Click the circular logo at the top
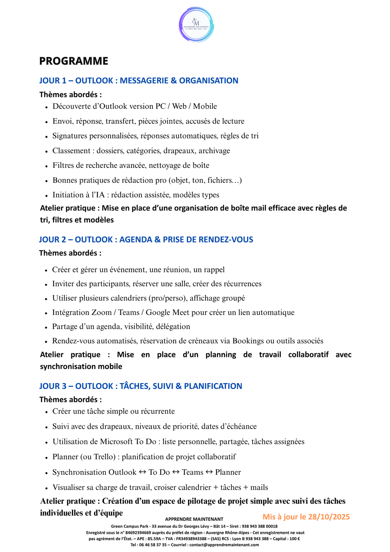tap(196, 25)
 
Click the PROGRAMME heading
tap(74, 61)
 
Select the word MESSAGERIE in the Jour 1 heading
tap(144, 81)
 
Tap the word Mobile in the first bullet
tap(205, 106)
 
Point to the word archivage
tap(214, 151)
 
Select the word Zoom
tap(101, 312)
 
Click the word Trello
tap(104, 457)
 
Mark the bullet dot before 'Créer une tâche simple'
tap(47, 412)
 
